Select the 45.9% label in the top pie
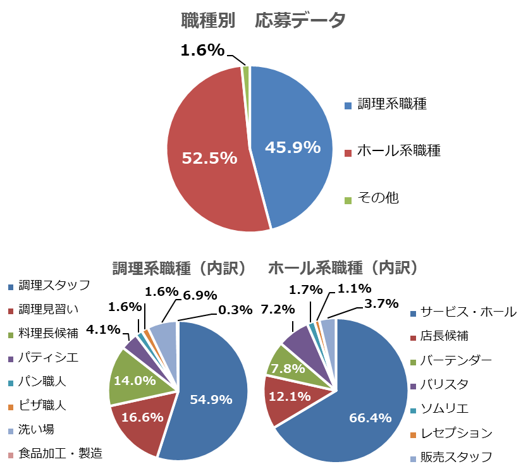pos(293,147)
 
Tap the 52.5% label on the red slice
pos(209,158)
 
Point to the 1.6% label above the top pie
pos(202,50)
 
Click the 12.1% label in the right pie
pos(291,396)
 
